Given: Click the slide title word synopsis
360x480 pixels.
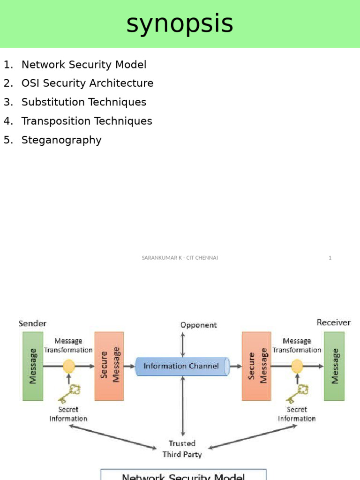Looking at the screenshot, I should coord(180,23).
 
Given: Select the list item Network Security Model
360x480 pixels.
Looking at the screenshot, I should coord(84,65).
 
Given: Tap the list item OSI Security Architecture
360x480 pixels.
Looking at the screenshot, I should coord(87,83).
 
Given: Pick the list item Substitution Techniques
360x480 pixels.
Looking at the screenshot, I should coord(84,102).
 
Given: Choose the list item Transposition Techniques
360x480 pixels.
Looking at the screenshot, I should coord(87,121).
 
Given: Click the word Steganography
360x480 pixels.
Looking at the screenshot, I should coord(61,140).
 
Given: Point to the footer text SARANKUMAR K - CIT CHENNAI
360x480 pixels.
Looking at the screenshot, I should coord(180,258).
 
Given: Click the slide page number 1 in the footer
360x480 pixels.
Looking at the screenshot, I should coord(330,258).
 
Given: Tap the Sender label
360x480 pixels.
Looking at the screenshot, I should coord(32,323).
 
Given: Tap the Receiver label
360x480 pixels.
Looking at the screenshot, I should coord(333,322).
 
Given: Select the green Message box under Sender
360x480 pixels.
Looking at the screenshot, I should coord(33,366).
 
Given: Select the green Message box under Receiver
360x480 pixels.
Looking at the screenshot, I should coord(334,366).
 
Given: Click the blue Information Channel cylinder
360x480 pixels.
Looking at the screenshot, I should coord(182,366).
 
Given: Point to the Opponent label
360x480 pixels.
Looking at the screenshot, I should coord(199,325).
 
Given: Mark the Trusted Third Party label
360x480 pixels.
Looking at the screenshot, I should coord(182,449).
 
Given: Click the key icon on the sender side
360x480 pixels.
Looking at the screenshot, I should coord(69,393).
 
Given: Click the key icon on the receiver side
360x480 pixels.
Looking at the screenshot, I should coord(297,393).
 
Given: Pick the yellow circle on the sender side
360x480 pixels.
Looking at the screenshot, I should coord(69,366).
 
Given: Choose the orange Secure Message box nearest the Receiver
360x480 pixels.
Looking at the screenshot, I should coord(256,366).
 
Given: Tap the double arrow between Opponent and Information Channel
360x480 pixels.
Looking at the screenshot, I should coord(183,345).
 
